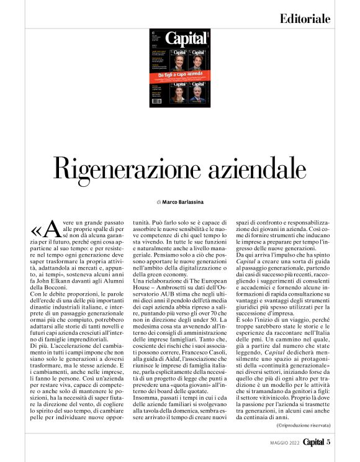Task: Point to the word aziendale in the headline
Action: point(254,168)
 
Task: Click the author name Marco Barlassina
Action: point(186,202)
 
